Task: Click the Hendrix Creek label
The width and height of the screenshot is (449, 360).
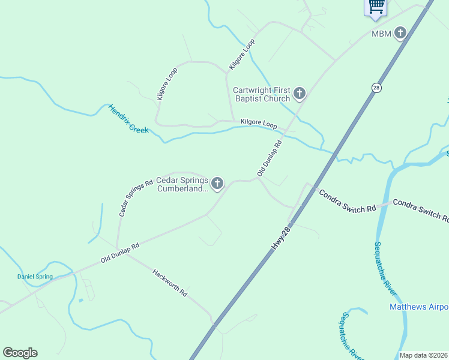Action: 128,119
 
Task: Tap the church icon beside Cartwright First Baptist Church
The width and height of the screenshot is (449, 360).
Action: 300,94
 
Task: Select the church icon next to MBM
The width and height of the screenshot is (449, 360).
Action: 400,34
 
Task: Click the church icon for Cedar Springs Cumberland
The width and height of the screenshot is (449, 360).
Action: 217,183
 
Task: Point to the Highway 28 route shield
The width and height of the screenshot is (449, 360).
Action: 376,88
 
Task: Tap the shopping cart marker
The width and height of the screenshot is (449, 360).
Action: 376,6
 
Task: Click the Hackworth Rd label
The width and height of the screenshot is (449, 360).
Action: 170,283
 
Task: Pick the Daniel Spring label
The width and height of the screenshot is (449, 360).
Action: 34,277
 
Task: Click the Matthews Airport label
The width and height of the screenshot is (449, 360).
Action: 418,307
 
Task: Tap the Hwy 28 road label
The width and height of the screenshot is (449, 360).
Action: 282,238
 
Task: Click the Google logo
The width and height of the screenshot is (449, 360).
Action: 20,353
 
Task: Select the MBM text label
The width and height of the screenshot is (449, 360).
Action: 381,34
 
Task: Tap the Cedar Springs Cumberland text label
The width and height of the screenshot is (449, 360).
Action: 182,184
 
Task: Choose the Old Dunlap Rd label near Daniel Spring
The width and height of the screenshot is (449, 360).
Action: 120,253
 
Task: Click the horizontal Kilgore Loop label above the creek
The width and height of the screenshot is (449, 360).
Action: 258,124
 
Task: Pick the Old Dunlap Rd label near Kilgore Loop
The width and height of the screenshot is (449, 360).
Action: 270,158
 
